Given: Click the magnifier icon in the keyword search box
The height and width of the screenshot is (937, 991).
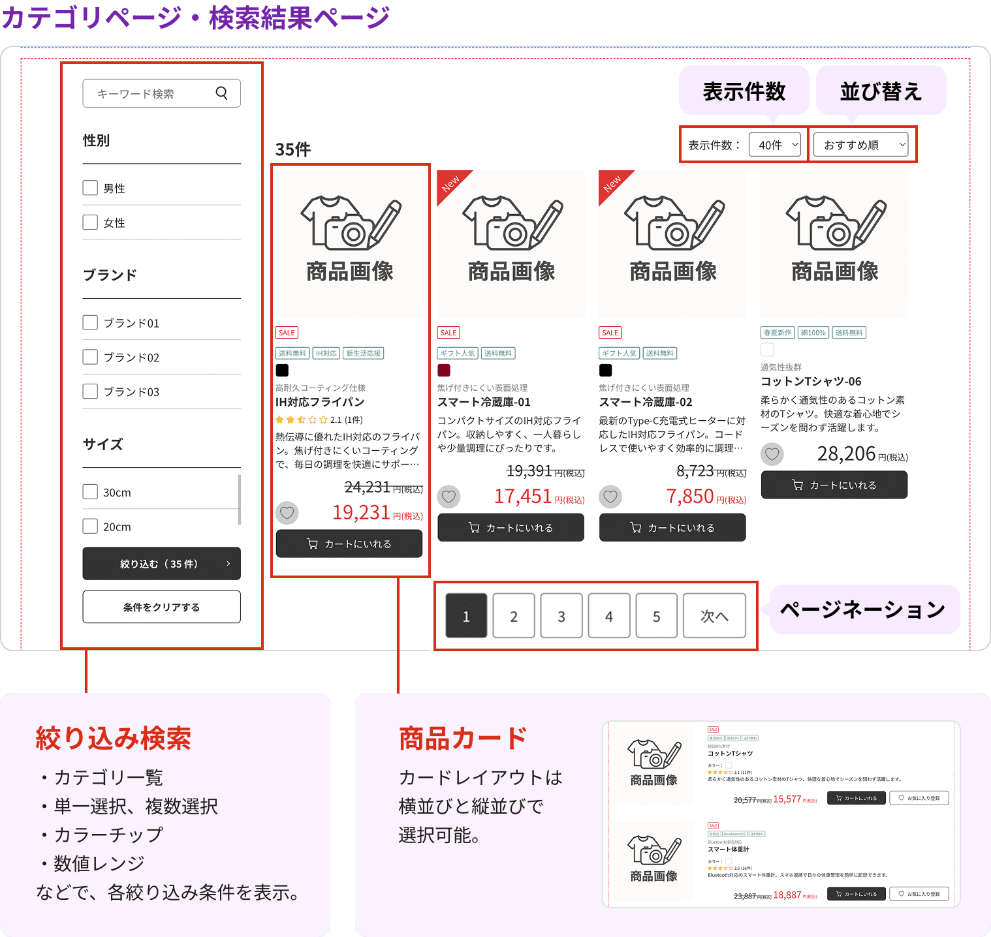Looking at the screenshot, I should click(222, 93).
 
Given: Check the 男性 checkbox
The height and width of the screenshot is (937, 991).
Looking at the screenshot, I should click(90, 188).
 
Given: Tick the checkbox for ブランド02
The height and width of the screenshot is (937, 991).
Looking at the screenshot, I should click(90, 357).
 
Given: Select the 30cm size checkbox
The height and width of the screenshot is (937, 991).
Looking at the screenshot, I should click(90, 492).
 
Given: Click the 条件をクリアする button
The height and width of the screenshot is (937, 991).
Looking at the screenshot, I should click(161, 607).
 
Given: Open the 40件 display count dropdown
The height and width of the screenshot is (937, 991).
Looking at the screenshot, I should click(775, 145).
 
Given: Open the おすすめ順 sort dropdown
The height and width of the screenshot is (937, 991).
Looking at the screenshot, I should click(862, 145).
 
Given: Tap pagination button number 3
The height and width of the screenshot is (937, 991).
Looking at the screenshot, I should click(561, 616).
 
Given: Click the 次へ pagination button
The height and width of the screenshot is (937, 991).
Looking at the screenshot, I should click(714, 616).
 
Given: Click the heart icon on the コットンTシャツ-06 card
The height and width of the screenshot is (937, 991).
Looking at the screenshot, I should click(772, 454).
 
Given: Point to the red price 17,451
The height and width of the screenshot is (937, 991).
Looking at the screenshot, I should click(523, 497).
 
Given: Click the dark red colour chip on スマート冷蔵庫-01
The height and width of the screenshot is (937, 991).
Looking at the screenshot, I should click(444, 371).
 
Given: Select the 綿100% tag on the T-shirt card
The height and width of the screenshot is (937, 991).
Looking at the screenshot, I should click(813, 333).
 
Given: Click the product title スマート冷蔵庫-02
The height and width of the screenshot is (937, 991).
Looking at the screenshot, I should click(646, 402).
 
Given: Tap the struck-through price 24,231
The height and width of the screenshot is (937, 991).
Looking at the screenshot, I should click(368, 487).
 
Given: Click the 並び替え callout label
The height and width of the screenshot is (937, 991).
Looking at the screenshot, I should click(881, 91).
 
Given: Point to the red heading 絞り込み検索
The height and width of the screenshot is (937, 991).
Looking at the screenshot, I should click(113, 739).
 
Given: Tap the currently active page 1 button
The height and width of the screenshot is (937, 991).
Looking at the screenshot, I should click(466, 616).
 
